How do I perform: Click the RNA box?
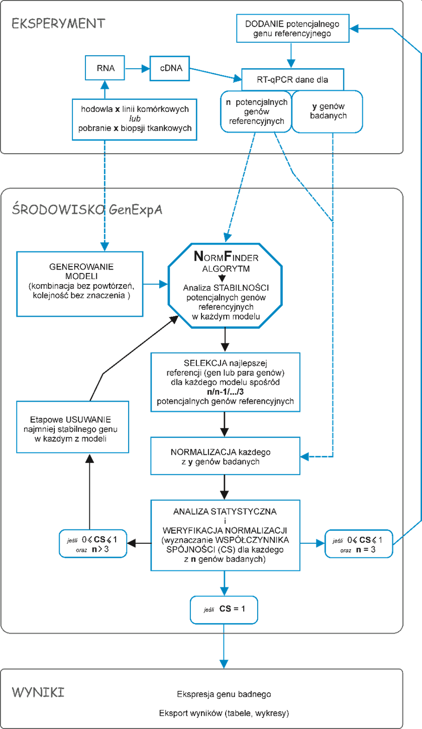point(105,68)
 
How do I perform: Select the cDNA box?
point(170,68)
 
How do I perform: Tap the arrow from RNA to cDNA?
point(137,68)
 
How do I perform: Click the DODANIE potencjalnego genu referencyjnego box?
point(293,28)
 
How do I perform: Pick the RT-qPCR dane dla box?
point(292,79)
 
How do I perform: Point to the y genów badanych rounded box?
point(328,111)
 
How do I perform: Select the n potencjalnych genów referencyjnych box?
point(256,111)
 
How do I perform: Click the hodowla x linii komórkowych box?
point(135,119)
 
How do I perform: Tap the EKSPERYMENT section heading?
point(58,24)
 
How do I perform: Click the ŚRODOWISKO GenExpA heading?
point(87,209)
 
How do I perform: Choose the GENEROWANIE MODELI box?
point(80,284)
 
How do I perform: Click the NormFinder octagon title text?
point(226,257)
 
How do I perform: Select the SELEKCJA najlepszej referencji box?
point(226,382)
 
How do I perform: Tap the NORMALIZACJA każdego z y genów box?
point(226,456)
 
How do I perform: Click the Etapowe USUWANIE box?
point(73,427)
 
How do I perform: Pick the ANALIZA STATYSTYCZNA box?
point(226,535)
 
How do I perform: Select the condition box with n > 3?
point(93,544)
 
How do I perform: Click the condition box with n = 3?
point(359,544)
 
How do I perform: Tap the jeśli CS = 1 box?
point(224,610)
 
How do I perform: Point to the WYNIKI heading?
point(38,692)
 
